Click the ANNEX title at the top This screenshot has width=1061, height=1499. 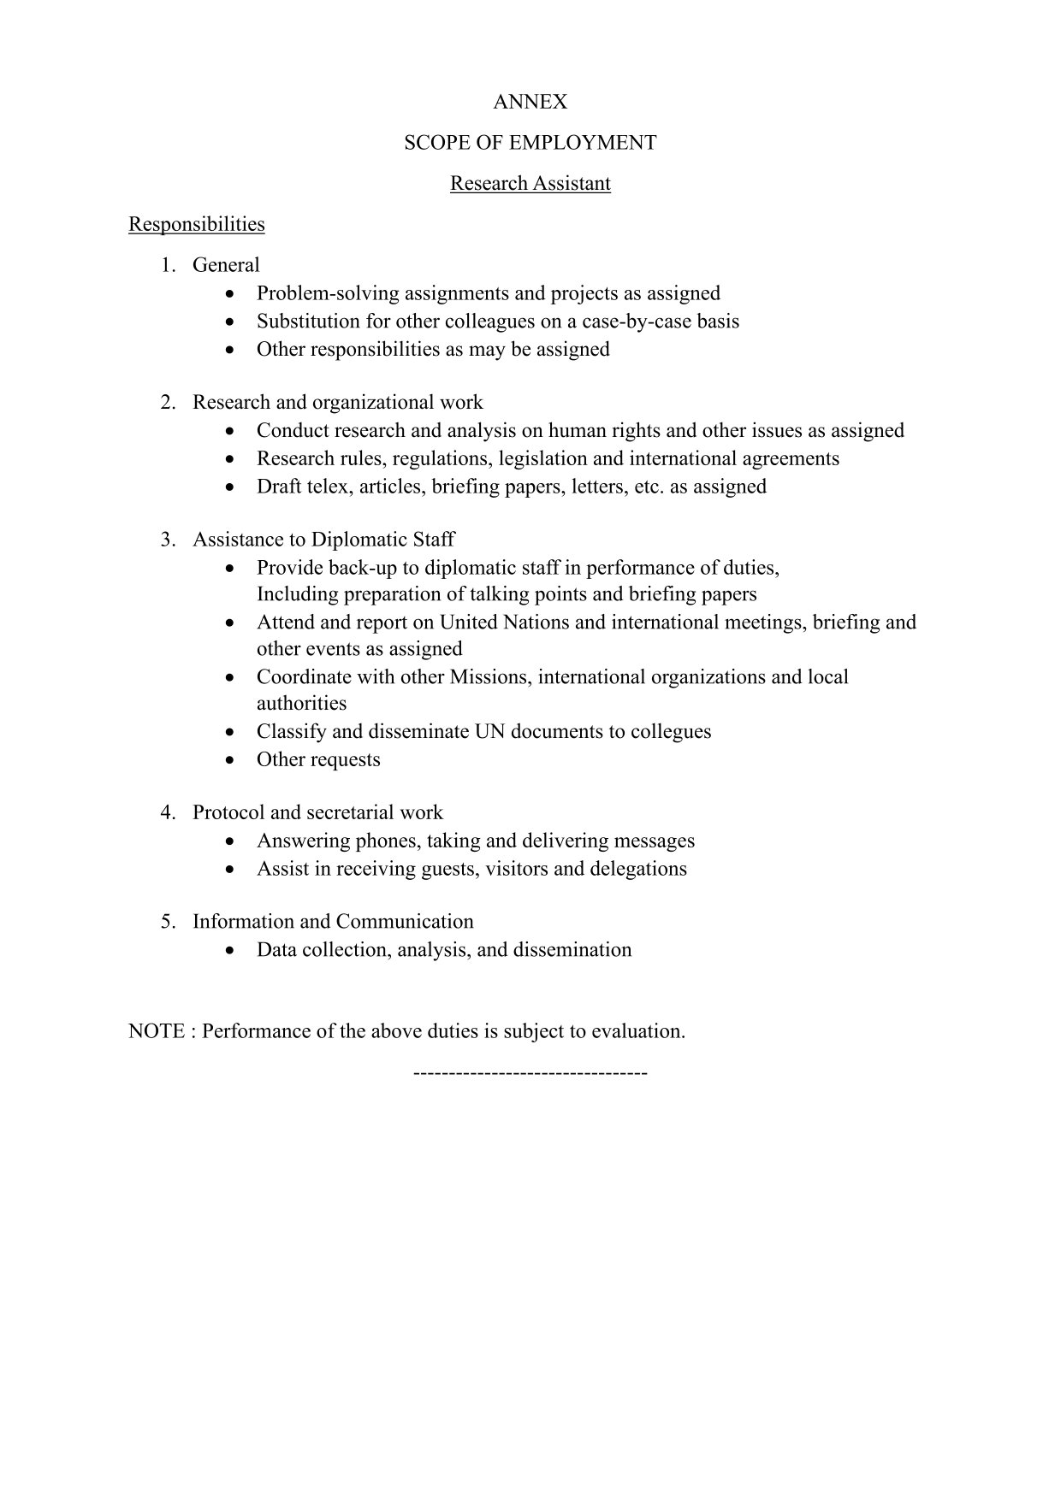[x=530, y=102]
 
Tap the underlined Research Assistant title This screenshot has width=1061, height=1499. [x=530, y=183]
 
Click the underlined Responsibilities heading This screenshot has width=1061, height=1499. [x=196, y=224]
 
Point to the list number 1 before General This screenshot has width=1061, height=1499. [x=167, y=265]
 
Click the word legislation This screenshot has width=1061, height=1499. [x=543, y=458]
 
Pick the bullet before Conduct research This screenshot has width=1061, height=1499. [x=229, y=431]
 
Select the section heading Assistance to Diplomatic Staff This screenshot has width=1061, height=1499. [x=323, y=540]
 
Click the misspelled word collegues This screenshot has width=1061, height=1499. [x=671, y=731]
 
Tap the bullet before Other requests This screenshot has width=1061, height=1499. [x=229, y=760]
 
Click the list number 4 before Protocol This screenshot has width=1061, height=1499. [x=167, y=812]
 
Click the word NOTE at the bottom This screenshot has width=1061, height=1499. [x=157, y=1031]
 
